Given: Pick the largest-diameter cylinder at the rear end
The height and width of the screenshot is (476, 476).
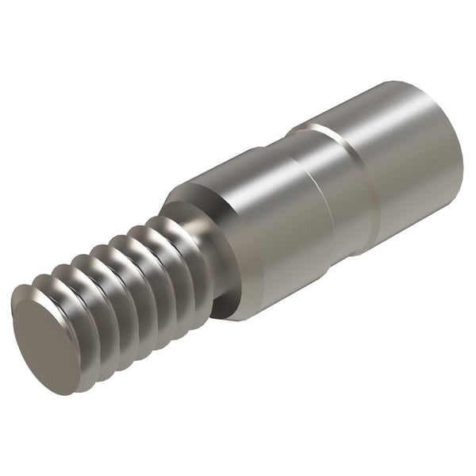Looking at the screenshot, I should click(413, 167).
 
